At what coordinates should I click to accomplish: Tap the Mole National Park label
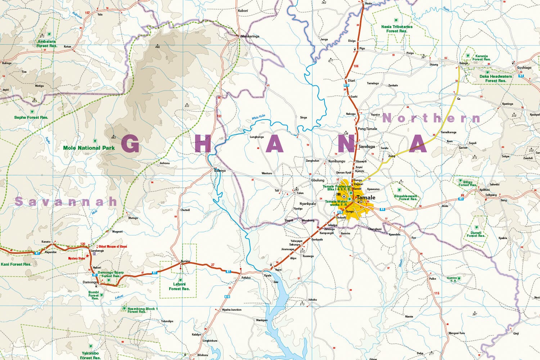89,148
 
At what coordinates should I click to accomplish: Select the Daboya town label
220,171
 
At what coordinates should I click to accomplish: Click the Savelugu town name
367,147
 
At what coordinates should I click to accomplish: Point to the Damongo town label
90,282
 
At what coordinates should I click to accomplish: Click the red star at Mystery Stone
87,256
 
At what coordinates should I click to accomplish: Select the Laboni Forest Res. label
179,287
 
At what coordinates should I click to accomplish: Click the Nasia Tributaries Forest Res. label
397,29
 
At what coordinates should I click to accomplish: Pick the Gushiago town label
524,68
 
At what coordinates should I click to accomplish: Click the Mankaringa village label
250,36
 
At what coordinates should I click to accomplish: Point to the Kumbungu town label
337,161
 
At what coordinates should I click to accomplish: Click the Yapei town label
278,269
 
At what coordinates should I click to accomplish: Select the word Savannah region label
66,202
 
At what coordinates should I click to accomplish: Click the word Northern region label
431,118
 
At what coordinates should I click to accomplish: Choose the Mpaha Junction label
231,310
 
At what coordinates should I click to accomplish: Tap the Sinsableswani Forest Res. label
406,197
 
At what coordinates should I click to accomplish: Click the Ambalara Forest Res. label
47,44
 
